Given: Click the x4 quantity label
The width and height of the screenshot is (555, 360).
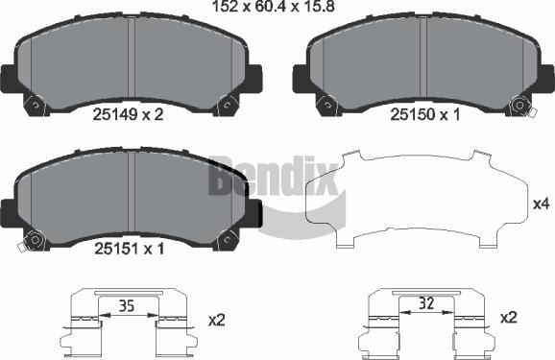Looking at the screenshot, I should tap(540, 204).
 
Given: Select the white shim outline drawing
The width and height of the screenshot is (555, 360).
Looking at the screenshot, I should tap(413, 202).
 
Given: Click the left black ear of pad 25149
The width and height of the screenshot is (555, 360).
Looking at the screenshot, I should tap(9, 76).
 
